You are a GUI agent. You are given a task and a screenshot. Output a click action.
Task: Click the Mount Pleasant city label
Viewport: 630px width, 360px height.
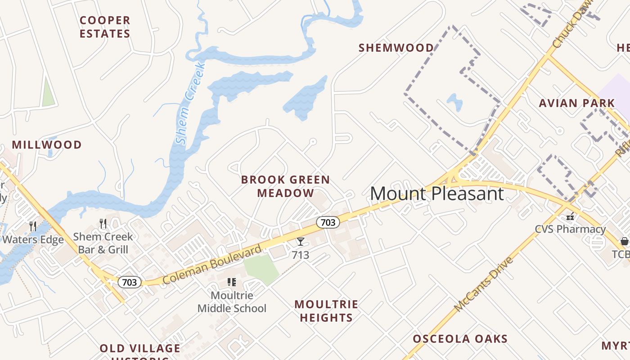(x=436, y=193)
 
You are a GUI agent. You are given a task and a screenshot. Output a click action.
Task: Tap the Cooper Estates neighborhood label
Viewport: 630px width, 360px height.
(x=105, y=27)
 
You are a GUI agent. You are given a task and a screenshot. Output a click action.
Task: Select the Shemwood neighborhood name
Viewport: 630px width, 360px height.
(x=396, y=48)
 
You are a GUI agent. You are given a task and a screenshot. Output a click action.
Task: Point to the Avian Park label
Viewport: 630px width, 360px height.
(x=577, y=103)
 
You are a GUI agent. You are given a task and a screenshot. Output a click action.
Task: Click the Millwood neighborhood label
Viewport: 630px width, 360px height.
(x=47, y=145)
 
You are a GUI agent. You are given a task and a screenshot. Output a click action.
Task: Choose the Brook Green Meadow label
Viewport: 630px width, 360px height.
(x=285, y=186)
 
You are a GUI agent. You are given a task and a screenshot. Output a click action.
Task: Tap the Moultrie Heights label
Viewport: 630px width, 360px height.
(x=327, y=311)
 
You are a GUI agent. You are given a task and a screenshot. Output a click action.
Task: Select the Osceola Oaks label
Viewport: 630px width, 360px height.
(x=460, y=339)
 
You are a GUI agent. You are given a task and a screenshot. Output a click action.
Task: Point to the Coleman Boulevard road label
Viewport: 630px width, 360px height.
(x=212, y=265)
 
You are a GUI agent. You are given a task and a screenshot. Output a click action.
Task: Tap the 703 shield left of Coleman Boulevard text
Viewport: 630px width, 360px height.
(x=130, y=282)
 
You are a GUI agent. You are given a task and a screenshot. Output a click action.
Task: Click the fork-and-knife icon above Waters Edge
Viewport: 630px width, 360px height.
(x=32, y=226)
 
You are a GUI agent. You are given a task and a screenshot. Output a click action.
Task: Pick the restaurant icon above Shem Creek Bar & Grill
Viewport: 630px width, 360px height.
(x=103, y=223)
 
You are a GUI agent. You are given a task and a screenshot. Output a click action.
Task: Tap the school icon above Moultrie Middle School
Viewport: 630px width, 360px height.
(x=232, y=282)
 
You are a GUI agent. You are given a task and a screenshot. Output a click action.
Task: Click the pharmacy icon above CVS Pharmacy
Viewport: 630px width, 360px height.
(x=570, y=216)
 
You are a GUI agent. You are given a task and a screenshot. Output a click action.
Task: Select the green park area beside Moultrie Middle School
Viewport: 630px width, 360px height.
(x=261, y=268)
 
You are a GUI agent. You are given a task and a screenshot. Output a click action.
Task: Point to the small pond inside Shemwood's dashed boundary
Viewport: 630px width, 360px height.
(x=455, y=102)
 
